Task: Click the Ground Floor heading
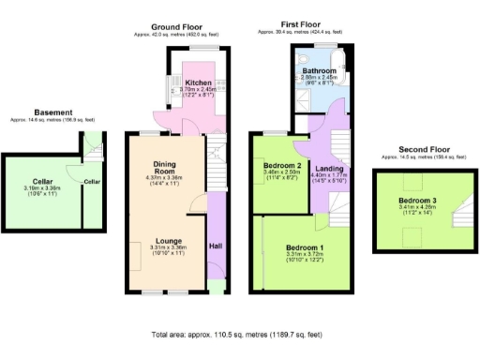click(177, 27)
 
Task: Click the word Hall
click(216, 246)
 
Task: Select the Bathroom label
click(320, 70)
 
